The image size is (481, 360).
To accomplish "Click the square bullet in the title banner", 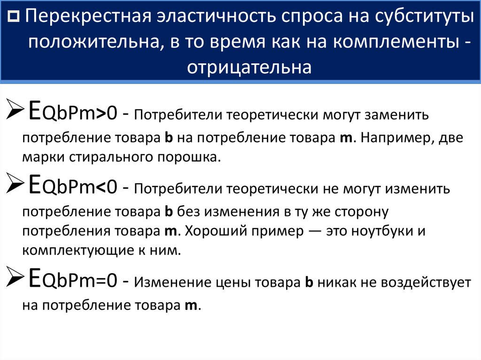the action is pos(14,16).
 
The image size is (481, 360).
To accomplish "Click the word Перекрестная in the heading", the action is pos(88,16).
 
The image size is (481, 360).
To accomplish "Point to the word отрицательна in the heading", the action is pos(249,67).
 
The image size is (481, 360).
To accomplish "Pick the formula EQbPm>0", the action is pos(73,110).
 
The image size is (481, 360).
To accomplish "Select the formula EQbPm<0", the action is pos(73,184).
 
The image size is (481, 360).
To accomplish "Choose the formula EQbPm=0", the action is pos(73,278).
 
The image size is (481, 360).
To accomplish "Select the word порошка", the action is pos(189,158).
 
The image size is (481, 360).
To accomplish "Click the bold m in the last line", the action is pos(191,306).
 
